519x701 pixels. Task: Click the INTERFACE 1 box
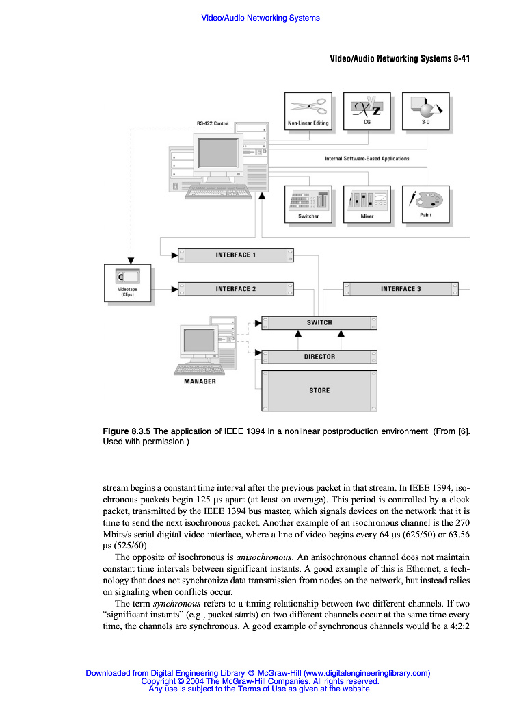(x=236, y=255)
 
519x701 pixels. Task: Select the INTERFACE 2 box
(x=236, y=289)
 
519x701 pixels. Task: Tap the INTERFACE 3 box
(x=401, y=289)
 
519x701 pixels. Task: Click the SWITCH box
(x=319, y=322)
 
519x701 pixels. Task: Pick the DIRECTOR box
(x=319, y=357)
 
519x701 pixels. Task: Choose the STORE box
(x=319, y=390)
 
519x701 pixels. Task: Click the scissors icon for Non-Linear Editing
(x=308, y=106)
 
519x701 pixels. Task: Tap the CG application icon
(x=367, y=107)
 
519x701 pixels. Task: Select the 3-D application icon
(x=425, y=107)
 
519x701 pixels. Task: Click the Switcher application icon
(x=308, y=200)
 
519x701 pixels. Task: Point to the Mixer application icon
(x=367, y=200)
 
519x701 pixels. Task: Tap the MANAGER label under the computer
(x=200, y=381)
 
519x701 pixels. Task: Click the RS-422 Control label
(x=213, y=123)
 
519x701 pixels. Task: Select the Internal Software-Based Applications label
(x=367, y=158)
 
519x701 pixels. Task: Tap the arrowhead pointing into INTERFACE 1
(x=174, y=255)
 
